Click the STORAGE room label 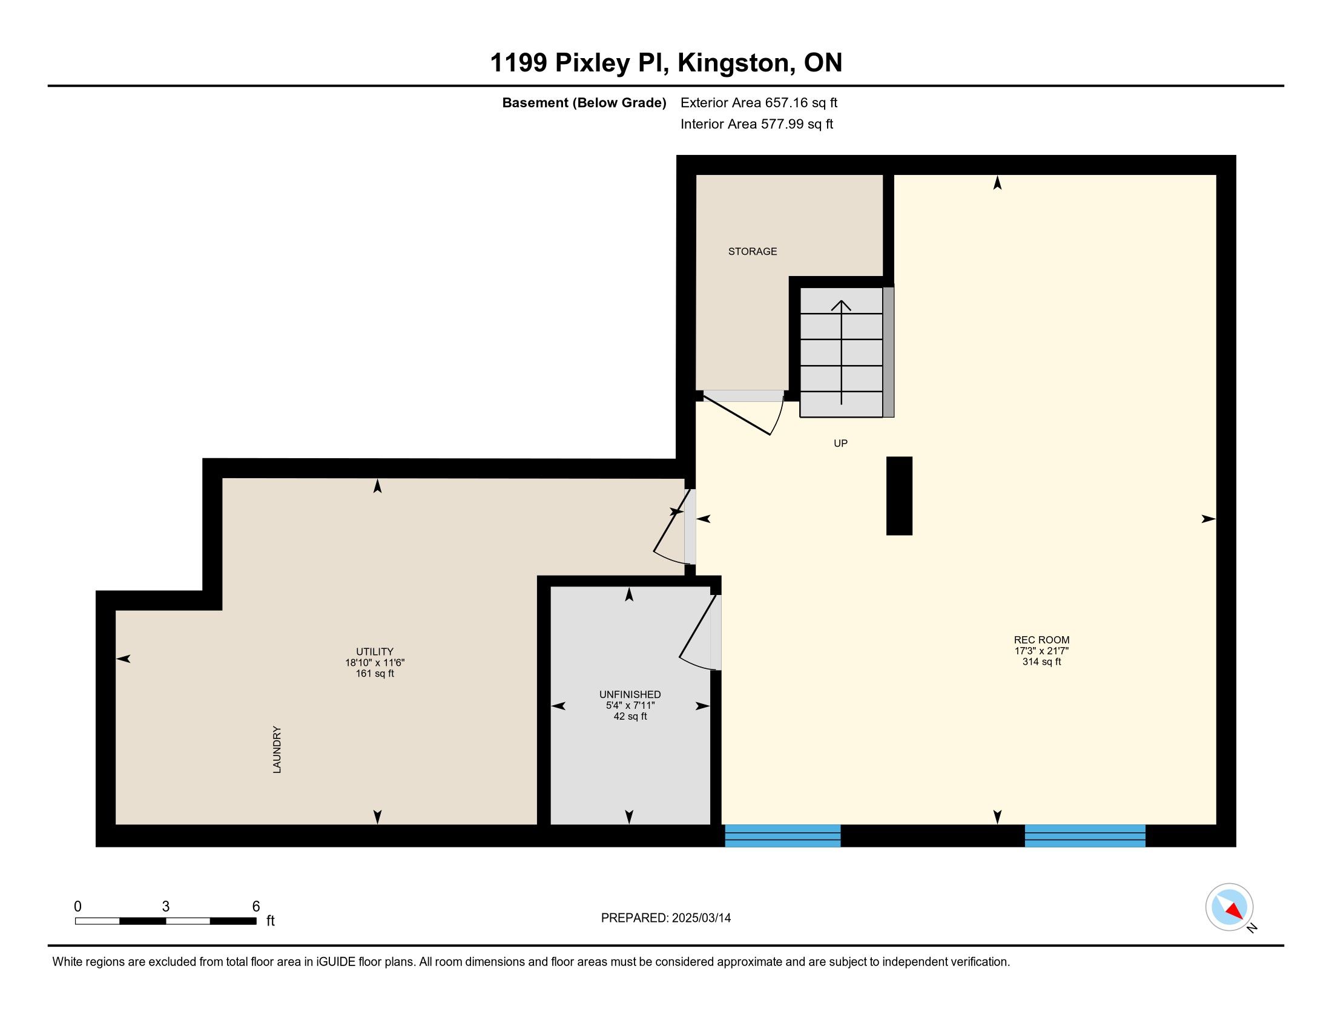tap(752, 251)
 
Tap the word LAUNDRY tap(277, 749)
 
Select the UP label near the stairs tap(840, 443)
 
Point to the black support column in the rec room tap(899, 496)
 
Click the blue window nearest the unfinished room tap(782, 836)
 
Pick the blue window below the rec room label tap(1085, 836)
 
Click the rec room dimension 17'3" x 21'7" tap(1042, 651)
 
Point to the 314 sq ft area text tap(1042, 662)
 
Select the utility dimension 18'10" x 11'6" tap(375, 663)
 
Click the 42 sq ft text tap(630, 716)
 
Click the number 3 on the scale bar tap(165, 906)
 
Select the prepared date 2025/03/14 tap(701, 918)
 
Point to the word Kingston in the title tap(736, 63)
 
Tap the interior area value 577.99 tap(782, 123)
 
